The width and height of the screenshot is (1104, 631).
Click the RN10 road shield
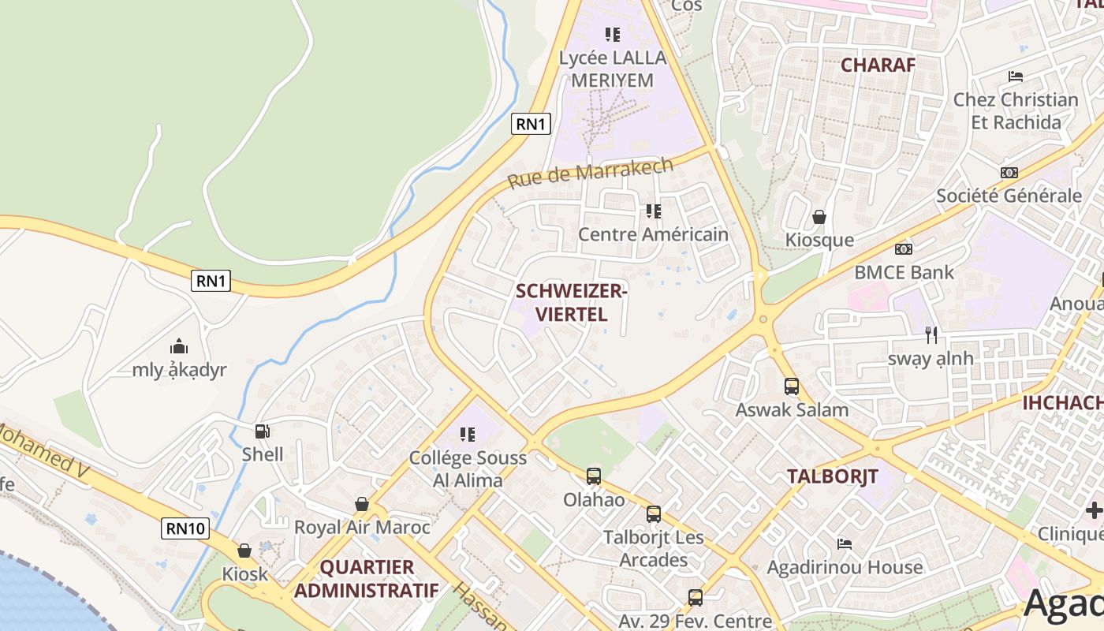click(x=186, y=528)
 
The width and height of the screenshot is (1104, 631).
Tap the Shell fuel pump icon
click(x=262, y=431)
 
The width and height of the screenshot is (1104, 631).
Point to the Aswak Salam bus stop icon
click(x=792, y=386)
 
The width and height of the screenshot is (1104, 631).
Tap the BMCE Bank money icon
click(x=904, y=249)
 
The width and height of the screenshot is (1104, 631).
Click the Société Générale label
click(x=1009, y=196)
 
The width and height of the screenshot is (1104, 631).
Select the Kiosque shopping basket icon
click(x=819, y=217)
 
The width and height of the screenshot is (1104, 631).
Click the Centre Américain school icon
click(x=653, y=211)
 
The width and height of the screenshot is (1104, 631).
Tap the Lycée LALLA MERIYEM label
click(x=613, y=69)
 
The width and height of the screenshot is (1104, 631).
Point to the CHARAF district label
click(x=878, y=65)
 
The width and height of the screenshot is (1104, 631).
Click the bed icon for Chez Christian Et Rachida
click(x=1016, y=77)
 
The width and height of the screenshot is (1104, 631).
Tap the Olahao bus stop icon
click(x=594, y=476)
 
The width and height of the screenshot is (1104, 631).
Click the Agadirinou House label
click(x=845, y=567)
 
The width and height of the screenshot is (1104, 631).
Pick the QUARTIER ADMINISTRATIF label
click(x=367, y=578)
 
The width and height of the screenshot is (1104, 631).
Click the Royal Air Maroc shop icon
click(x=362, y=504)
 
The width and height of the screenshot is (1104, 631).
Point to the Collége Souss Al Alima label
click(x=468, y=469)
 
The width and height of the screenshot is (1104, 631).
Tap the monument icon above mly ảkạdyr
click(x=179, y=346)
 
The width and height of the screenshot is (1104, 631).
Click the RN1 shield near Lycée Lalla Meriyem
click(x=531, y=124)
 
